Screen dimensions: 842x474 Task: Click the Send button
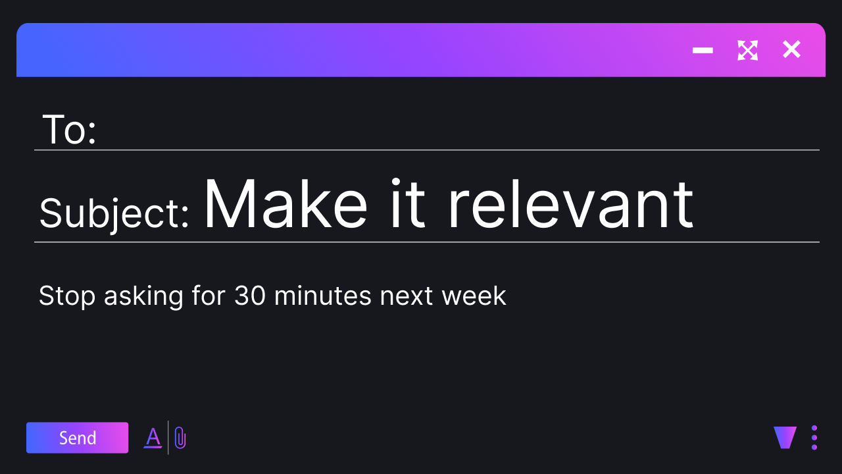click(x=77, y=438)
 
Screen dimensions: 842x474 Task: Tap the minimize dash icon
click(x=703, y=50)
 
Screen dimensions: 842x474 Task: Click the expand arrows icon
click(x=748, y=50)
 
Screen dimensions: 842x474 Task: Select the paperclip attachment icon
click(x=180, y=438)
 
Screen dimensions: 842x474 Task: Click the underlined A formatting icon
click(x=153, y=438)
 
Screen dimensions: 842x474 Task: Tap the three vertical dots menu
click(x=814, y=438)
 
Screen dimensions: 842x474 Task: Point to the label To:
click(x=69, y=130)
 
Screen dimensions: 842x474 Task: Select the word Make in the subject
click(x=285, y=203)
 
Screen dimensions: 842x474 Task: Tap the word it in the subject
click(x=408, y=203)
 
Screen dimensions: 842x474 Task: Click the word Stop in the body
click(x=67, y=296)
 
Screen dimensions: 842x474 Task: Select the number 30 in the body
click(x=250, y=296)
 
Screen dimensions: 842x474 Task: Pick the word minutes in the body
click(x=323, y=296)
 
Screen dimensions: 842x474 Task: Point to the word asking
click(x=143, y=296)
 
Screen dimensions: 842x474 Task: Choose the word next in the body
click(x=407, y=296)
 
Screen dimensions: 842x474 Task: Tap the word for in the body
click(x=209, y=296)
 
